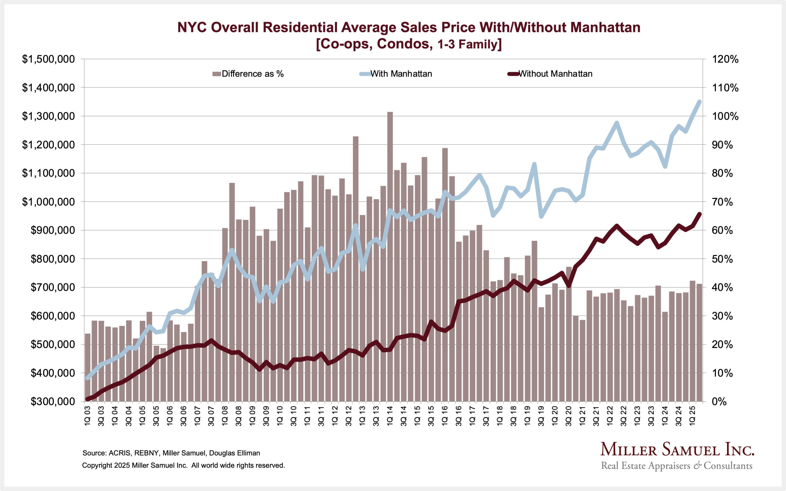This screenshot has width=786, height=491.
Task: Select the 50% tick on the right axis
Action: click(722, 259)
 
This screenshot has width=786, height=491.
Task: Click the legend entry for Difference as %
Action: click(252, 74)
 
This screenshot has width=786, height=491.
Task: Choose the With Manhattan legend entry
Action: click(401, 74)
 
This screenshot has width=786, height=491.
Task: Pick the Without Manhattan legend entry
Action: click(555, 74)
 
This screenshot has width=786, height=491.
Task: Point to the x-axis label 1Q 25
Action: click(692, 415)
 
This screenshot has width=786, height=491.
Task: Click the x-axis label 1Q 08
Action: click(224, 415)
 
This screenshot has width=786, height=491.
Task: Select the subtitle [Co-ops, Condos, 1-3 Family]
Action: click(409, 44)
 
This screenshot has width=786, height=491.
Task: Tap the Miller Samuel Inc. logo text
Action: click(677, 450)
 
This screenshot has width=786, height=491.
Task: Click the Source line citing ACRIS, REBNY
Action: click(171, 453)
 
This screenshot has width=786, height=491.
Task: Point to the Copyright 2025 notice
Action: click(183, 465)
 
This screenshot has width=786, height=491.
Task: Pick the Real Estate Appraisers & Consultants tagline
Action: click(677, 466)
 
